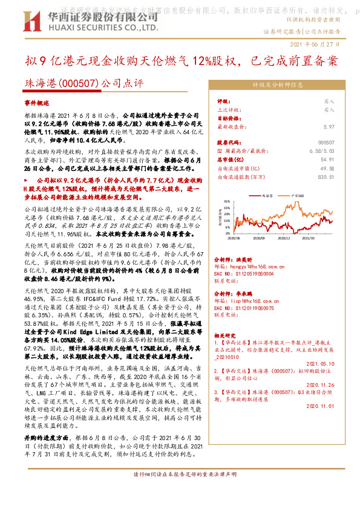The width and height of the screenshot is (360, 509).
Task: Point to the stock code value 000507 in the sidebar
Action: [x=326, y=141]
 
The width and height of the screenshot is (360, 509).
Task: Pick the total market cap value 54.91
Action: [x=327, y=159]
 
